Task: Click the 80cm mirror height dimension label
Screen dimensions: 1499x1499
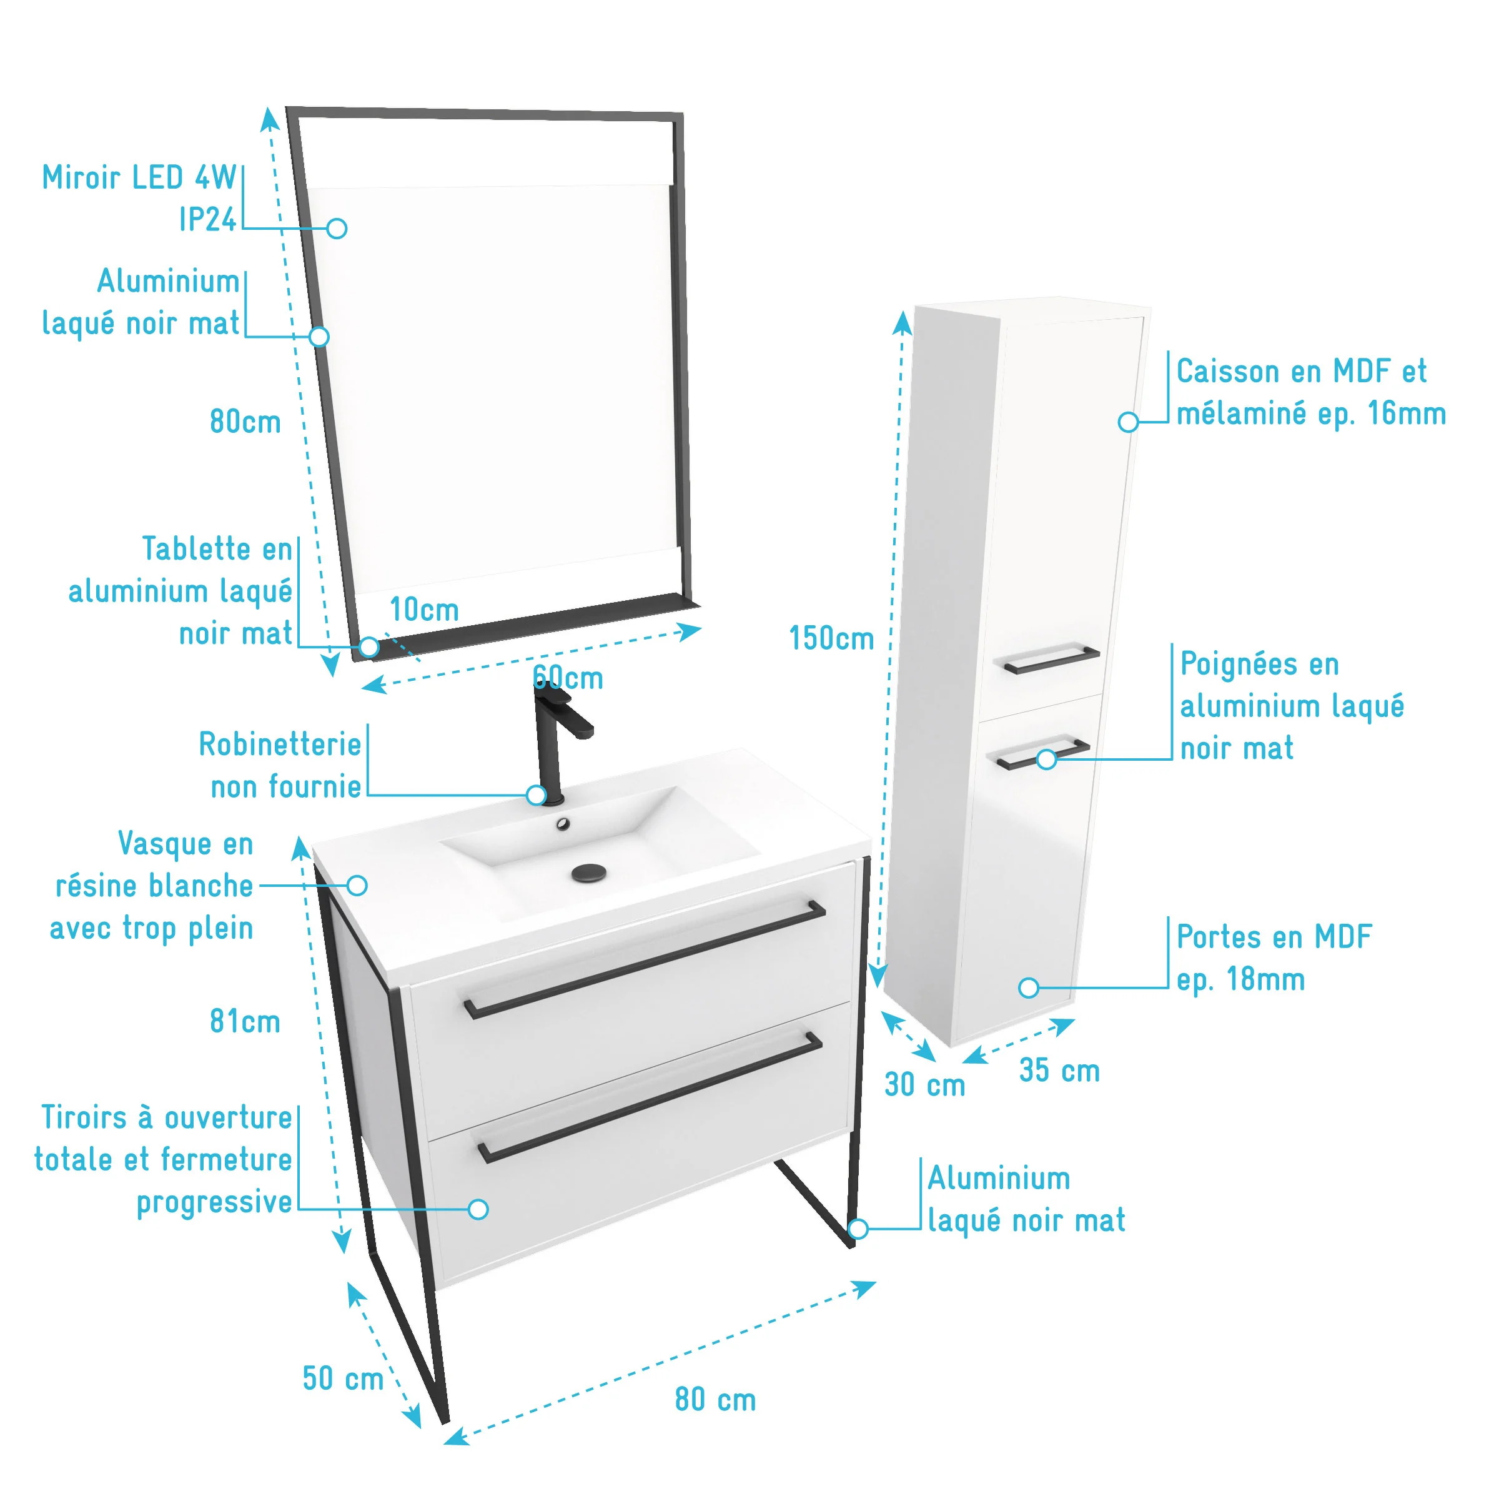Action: (245, 422)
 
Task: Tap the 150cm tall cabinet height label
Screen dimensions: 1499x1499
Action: (832, 638)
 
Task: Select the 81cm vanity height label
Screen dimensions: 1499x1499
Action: (245, 1022)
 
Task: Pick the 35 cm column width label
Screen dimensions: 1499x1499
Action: (1060, 1071)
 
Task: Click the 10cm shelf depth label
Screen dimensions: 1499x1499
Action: (425, 610)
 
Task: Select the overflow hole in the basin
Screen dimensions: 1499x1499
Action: (563, 824)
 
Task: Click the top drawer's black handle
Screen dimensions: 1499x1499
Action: (644, 959)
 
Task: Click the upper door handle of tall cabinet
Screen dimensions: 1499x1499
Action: (1051, 660)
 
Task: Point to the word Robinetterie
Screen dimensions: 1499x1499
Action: (280, 744)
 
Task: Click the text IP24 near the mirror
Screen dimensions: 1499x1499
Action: (207, 220)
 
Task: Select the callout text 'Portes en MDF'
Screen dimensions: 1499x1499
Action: (1274, 936)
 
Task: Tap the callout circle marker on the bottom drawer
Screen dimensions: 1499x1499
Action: (478, 1209)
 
